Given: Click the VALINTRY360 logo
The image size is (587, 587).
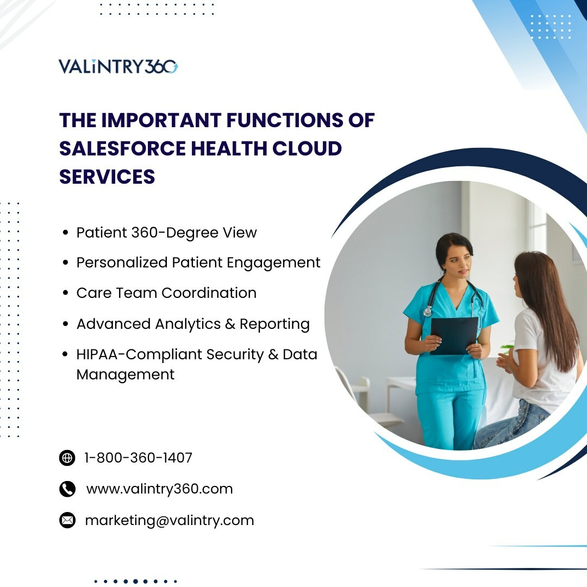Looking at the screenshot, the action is click(118, 67).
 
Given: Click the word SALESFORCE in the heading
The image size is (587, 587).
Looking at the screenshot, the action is click(122, 148).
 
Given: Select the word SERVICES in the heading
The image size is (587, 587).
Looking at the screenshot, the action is click(107, 177).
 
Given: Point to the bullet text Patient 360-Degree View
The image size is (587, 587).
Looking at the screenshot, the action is click(167, 233).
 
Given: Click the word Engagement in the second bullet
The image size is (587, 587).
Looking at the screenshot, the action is click(273, 263).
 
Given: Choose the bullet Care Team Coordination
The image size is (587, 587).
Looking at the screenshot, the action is click(167, 293).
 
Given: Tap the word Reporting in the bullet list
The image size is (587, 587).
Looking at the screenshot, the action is click(275, 324).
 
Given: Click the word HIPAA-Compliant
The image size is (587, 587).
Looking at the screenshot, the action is click(139, 354).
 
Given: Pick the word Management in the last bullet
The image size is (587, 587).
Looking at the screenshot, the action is click(126, 375).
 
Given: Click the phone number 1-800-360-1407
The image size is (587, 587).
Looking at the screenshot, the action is click(138, 458).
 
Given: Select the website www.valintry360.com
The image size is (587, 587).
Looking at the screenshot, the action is click(159, 489).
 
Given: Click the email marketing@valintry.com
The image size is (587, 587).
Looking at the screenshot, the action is click(170, 521).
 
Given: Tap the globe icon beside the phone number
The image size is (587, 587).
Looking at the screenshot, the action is click(67, 458).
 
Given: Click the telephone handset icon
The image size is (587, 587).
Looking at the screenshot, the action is click(67, 489).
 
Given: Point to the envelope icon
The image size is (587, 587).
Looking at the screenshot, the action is click(67, 520).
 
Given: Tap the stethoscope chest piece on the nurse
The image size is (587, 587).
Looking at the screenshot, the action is click(427, 311).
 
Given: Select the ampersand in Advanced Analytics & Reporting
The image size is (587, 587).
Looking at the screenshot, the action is click(230, 324).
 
